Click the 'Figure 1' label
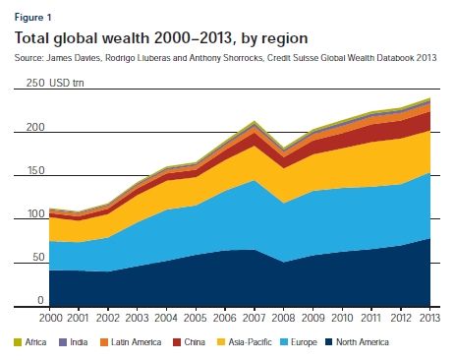coord(31,17)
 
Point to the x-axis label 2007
coord(255,320)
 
